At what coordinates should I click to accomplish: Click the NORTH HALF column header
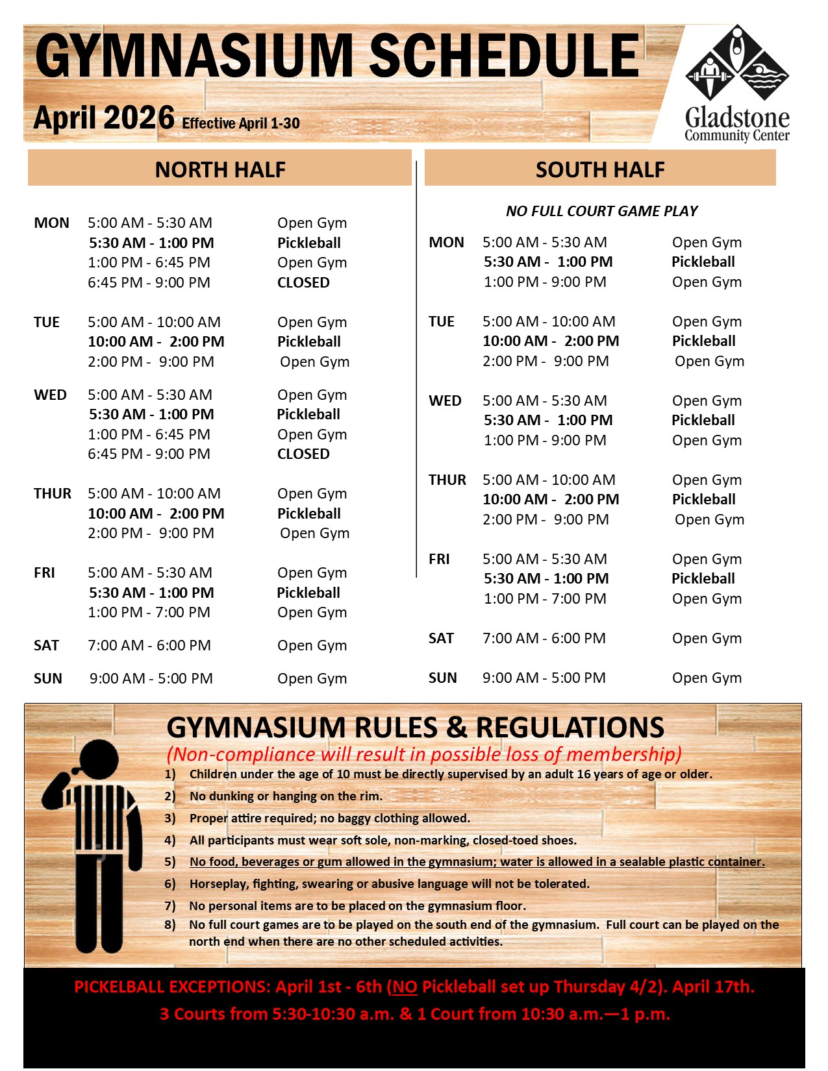click(x=220, y=169)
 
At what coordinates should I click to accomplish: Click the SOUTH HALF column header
click(x=600, y=169)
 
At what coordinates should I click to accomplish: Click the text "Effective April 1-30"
click(x=241, y=123)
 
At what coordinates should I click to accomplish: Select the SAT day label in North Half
click(x=46, y=645)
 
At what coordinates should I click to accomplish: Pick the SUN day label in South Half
click(x=442, y=678)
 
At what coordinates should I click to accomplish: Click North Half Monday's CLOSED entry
click(x=303, y=282)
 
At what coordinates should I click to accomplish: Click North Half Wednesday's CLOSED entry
click(x=303, y=454)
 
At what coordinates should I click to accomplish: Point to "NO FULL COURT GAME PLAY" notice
click(x=601, y=211)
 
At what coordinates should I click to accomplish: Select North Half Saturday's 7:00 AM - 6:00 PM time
click(x=149, y=645)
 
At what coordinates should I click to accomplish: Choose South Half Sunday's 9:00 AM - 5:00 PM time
click(x=544, y=678)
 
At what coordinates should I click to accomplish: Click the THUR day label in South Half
click(x=447, y=480)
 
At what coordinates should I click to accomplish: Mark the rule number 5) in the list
click(x=170, y=861)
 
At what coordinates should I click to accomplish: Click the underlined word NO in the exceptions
click(x=405, y=987)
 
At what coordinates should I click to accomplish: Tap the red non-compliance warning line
click(x=424, y=754)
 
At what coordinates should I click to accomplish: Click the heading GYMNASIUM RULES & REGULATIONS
click(x=415, y=728)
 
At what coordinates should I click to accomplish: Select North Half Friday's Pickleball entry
click(x=308, y=593)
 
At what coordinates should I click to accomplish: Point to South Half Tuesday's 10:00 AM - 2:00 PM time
click(x=551, y=341)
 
